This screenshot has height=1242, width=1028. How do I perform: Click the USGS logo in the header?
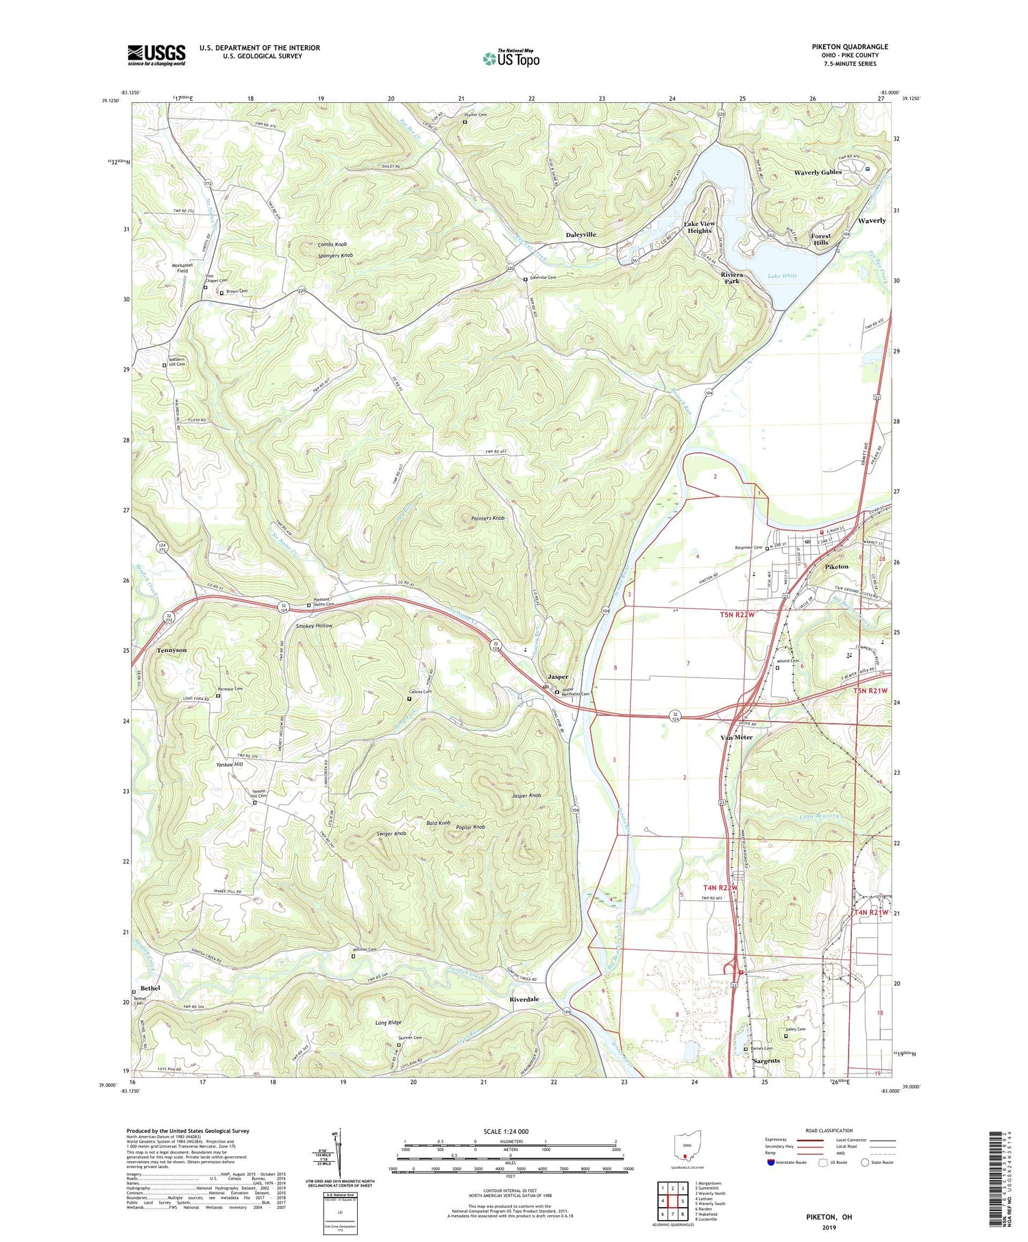point(156,55)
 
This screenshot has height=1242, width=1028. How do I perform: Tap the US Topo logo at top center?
point(511,59)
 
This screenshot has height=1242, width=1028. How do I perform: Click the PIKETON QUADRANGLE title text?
point(849,47)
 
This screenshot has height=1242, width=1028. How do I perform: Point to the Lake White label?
point(782,275)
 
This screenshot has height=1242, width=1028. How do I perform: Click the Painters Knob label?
point(488,518)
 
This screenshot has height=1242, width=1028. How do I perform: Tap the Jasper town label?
point(556,677)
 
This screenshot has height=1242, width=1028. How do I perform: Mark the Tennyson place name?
point(171,649)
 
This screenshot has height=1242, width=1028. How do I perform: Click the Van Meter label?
point(736,737)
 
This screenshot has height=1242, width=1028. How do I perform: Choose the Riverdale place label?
point(524,999)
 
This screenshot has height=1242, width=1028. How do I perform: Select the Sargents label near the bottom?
point(766,1060)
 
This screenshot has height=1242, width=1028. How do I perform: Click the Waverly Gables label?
point(817,172)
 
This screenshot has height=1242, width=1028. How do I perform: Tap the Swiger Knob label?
point(391,834)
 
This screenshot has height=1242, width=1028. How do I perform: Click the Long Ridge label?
point(389,1023)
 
